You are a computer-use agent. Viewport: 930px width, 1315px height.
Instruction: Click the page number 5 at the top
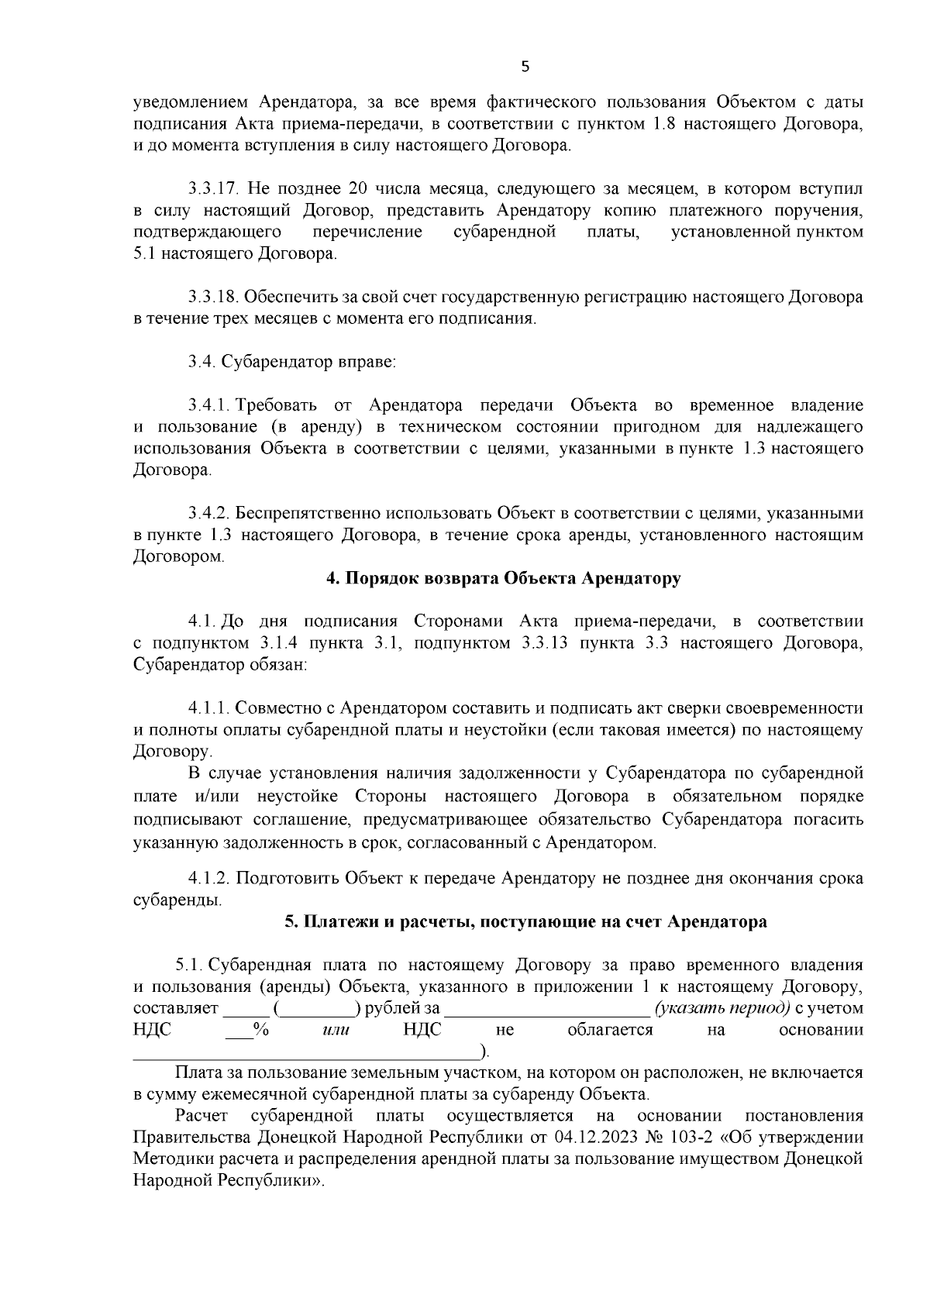525,67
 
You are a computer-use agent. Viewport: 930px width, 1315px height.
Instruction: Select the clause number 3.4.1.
209,405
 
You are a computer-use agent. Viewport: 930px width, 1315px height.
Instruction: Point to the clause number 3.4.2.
209,513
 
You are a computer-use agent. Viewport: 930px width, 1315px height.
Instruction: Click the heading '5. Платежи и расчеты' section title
525,922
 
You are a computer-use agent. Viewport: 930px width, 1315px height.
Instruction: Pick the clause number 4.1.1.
209,708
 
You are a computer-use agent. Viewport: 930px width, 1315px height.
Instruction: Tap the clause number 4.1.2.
209,879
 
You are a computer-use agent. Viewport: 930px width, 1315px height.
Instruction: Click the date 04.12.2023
594,1138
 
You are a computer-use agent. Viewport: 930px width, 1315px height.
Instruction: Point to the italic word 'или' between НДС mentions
335,1030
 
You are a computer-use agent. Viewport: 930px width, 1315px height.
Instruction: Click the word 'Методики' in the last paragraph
168,1159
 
